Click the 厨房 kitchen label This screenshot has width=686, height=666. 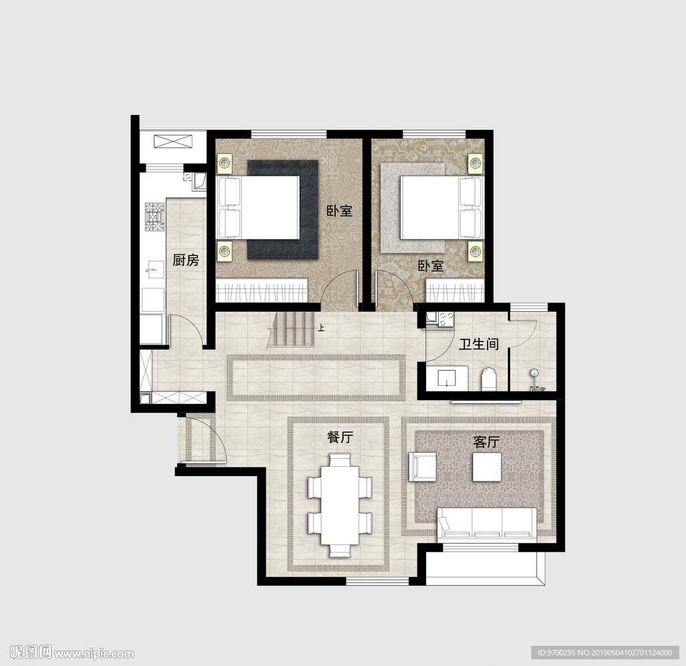coord(186,260)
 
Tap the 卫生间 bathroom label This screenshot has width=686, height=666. coord(478,343)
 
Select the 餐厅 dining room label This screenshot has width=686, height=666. coord(340,437)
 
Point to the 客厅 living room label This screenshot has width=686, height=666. coord(486,442)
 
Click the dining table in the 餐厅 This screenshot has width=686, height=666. coord(340,505)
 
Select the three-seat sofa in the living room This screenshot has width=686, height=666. coord(488,522)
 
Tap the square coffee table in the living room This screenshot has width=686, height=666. coord(487,467)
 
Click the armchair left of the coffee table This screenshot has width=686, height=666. coord(423,467)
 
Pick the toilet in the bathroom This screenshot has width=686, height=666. coord(488,380)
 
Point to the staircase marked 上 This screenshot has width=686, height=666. coord(292,329)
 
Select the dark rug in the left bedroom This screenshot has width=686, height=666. coord(283,210)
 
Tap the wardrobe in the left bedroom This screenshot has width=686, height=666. coord(263,290)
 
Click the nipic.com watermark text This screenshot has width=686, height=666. coord(94,654)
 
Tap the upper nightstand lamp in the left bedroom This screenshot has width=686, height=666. coord(225,163)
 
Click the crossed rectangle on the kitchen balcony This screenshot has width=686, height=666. coord(174,142)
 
